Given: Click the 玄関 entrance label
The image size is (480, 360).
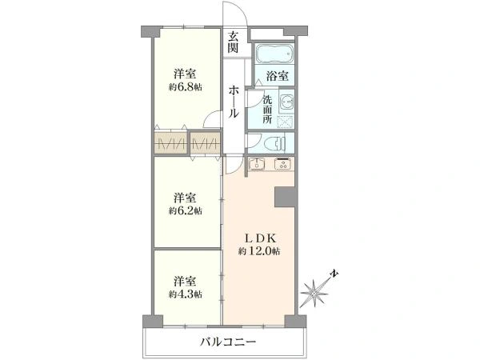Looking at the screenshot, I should (233, 42).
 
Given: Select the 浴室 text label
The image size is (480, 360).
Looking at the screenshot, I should (277, 76).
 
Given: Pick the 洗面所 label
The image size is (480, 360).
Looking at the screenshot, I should (269, 108).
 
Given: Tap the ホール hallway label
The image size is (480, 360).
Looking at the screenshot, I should (233, 102).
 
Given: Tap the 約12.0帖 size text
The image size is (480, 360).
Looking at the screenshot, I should (258, 251).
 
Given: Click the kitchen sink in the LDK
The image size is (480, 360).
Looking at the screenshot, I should (258, 166).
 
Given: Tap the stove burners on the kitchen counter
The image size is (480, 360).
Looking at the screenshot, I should (283, 166).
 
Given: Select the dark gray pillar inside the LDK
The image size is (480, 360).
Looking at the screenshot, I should (284, 197).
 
